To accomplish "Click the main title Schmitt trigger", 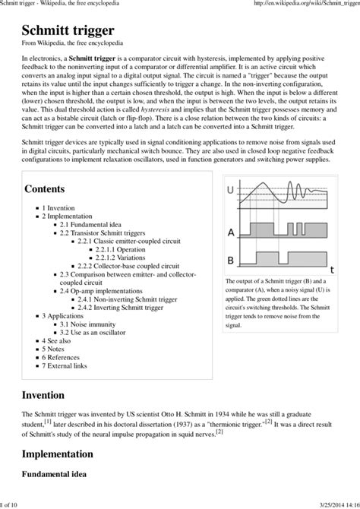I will pos(68,30).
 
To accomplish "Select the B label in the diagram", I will pos(230,259).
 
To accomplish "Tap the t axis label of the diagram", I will pos(331,269).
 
